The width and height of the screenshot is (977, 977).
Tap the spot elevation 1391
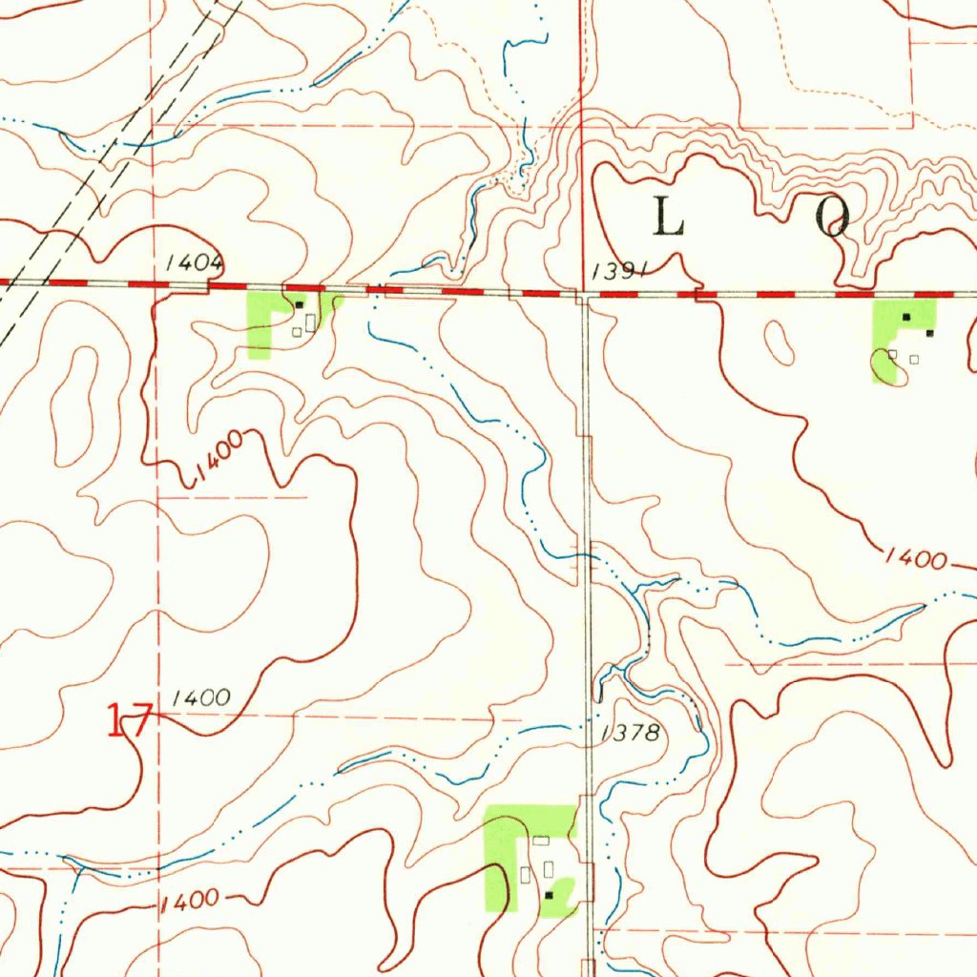coord(619,272)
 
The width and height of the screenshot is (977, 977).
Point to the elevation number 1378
coord(630,733)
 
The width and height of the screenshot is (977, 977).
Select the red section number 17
coord(128,720)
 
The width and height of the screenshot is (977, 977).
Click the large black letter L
coord(668,220)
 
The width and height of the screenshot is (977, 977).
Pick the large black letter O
coord(832,220)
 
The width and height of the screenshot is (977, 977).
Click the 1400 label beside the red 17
coord(201,698)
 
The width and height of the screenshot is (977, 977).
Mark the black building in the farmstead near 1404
coord(300,304)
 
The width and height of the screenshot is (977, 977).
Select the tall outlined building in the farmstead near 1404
coord(311,321)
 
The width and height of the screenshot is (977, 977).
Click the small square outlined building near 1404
coord(297,332)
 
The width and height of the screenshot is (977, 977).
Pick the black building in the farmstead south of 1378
coord(549,895)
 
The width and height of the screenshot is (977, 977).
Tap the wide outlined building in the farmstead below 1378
coord(541,841)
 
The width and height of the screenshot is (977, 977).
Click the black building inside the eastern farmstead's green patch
coord(906,316)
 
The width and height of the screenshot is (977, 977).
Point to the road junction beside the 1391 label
coord(584,294)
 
